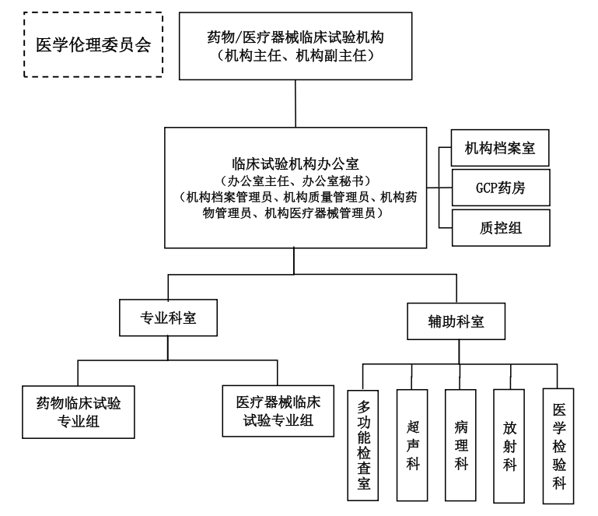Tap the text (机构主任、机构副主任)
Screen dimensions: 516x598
click(296, 55)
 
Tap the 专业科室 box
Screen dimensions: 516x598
click(168, 318)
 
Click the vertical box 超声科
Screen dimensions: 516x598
click(413, 442)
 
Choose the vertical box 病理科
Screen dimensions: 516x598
click(462, 442)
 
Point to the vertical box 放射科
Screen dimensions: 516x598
click(510, 442)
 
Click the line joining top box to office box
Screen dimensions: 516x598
click(296, 104)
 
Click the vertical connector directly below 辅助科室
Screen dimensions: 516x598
click(456, 352)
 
